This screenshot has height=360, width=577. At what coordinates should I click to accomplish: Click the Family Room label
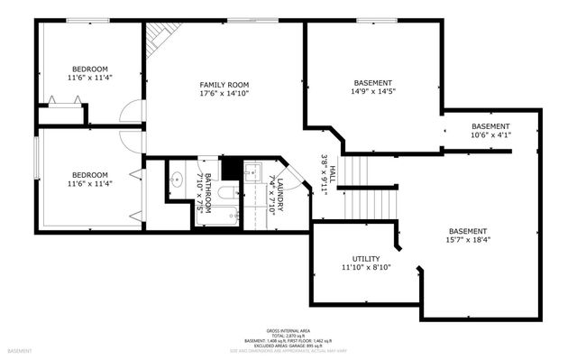click(224, 84)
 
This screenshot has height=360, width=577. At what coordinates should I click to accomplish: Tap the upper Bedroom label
click(90, 69)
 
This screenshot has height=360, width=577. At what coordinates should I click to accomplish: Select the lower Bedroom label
click(90, 175)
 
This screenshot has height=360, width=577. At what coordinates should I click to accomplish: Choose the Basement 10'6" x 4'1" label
click(490, 126)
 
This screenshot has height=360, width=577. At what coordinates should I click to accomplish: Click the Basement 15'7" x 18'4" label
click(468, 231)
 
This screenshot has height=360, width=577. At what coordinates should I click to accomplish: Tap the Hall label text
click(328, 171)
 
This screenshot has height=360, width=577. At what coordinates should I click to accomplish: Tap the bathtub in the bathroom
click(219, 215)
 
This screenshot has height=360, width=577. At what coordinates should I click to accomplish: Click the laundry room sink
click(252, 175)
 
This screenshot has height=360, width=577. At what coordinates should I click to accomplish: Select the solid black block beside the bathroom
click(232, 168)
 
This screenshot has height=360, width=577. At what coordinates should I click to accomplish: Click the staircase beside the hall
click(359, 185)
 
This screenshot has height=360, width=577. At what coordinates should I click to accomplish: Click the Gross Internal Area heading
click(288, 332)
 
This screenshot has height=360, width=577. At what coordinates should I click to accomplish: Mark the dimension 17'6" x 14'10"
click(224, 93)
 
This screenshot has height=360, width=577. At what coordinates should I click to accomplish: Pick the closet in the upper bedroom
click(61, 115)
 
